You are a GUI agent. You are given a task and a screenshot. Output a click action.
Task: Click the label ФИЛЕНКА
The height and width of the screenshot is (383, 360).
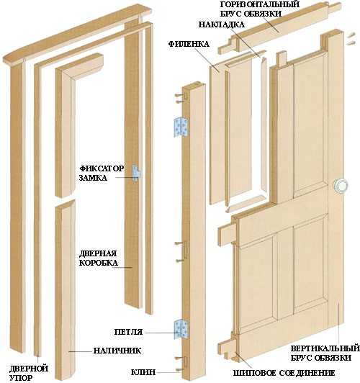coord(189,44)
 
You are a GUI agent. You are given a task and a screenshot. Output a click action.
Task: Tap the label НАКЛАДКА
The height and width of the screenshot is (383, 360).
coord(221,24)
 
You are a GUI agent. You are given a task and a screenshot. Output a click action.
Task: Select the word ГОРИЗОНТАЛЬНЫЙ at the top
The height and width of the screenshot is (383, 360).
coord(260,4)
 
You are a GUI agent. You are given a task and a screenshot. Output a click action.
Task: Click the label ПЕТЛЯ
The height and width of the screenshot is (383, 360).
coord(128,332)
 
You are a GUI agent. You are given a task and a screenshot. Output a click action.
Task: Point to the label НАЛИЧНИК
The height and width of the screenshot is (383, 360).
coord(117,351)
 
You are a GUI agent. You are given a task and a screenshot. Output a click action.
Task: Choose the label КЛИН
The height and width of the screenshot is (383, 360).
coord(143,372)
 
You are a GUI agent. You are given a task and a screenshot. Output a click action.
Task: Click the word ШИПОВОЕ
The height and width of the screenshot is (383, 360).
coord(255,373)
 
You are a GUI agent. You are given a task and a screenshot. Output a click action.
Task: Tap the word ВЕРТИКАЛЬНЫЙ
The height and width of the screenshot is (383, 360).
coord(325,348)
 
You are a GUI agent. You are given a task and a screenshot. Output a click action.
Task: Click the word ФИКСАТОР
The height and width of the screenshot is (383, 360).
coord(102,168)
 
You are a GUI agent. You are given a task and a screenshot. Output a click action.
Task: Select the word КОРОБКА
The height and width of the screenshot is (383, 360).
coord(99,263)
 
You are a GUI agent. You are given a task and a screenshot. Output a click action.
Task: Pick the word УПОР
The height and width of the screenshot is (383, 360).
coord(21,378)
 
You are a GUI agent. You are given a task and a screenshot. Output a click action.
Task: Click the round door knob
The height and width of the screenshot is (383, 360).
coord(341,186)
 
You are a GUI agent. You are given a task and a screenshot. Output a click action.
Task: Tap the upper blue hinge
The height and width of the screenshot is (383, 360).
coord(181,127)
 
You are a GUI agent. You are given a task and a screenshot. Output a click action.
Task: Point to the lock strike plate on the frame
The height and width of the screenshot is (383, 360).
coord(136,173)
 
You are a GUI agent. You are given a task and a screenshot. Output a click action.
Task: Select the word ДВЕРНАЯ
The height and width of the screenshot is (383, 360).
coord(98,253)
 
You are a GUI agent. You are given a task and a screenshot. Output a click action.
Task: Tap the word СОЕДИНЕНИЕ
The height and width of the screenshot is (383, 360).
coord(307,373)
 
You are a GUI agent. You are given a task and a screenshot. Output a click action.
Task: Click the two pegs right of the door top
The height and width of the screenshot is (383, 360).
coord(351,39)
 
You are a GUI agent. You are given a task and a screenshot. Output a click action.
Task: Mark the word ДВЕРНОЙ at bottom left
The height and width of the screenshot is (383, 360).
coord(29,368)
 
